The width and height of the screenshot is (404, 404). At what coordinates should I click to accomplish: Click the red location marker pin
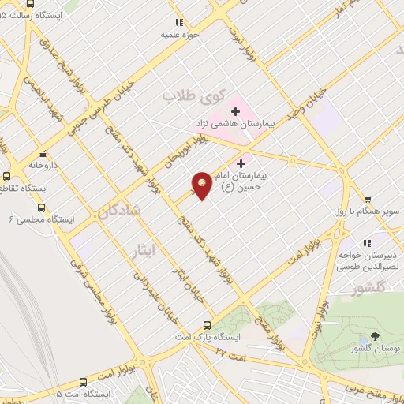(x=202, y=185)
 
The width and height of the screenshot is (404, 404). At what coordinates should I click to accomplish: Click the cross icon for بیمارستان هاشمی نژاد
(x=234, y=111)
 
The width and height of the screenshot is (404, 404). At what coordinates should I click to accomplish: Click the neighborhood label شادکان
(x=120, y=211)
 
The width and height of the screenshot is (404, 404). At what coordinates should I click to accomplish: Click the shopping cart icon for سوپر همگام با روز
(x=367, y=200)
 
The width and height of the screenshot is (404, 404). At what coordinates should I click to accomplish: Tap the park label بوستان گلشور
(x=375, y=348)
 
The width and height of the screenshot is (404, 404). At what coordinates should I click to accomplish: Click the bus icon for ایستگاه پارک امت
(x=207, y=324)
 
